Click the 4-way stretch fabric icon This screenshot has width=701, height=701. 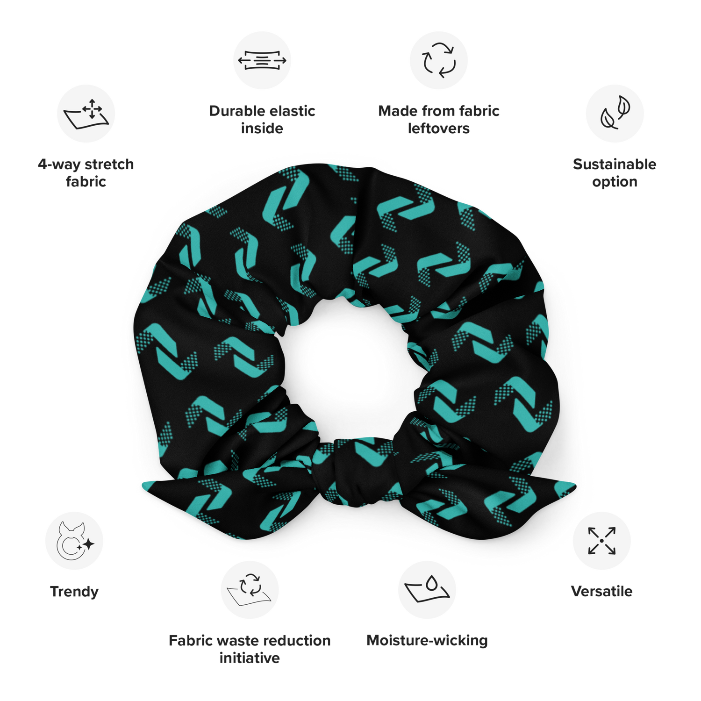coord(86,114)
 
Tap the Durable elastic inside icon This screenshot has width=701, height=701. coord(262,60)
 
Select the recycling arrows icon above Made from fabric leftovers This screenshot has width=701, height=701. coord(439,60)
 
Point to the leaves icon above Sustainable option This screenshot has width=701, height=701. coord(615,114)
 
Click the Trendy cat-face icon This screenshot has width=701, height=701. coord(74,541)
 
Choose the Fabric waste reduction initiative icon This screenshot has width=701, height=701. coord(250,590)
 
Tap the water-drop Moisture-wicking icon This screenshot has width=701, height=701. coord(427,590)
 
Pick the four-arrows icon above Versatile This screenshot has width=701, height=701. coord(602,541)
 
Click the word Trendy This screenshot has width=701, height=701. coord(74,592)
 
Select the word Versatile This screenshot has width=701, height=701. coord(602,591)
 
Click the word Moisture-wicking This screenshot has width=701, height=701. coord(427,641)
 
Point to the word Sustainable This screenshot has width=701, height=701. coord(615,164)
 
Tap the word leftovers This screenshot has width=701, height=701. coord(439,128)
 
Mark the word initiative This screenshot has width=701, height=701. coord(250,658)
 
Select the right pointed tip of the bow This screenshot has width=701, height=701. coord(576,486)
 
